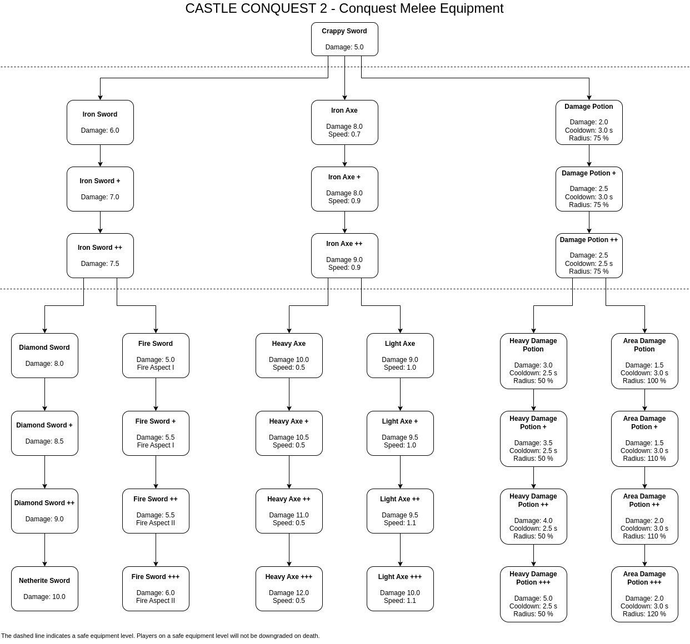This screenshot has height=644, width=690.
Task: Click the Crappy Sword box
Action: [x=344, y=39]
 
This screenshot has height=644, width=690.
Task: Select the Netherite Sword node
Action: [x=44, y=588]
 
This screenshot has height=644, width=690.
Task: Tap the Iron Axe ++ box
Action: [x=344, y=255]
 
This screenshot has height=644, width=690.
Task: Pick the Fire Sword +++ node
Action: [x=156, y=588]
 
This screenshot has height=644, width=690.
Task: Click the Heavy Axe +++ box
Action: [x=289, y=588]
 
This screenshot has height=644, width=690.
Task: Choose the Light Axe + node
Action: [x=400, y=433]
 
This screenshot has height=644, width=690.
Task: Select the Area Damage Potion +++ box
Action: [x=644, y=594]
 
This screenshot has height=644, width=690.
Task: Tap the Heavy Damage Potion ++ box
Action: [x=533, y=516]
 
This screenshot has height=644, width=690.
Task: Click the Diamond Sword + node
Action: [x=44, y=433]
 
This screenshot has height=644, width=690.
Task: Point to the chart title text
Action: [x=344, y=8]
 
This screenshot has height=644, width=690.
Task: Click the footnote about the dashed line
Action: [x=161, y=636]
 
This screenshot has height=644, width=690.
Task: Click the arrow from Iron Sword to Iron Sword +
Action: [x=100, y=155]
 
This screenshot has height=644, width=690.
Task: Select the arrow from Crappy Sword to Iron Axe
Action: [x=344, y=78]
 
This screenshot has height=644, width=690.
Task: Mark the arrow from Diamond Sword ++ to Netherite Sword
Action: [x=44, y=550]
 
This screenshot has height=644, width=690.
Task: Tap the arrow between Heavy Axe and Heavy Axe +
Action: [x=289, y=394]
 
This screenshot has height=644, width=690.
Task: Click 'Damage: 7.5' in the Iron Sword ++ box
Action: [x=100, y=264]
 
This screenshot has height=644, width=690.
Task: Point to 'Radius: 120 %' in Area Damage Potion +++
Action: [x=644, y=614]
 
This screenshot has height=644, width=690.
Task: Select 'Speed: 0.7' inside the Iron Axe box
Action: [x=344, y=134]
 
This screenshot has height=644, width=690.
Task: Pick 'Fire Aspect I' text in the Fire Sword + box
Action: [x=156, y=445]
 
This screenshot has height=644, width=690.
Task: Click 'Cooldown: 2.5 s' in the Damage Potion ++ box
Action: [x=589, y=264]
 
